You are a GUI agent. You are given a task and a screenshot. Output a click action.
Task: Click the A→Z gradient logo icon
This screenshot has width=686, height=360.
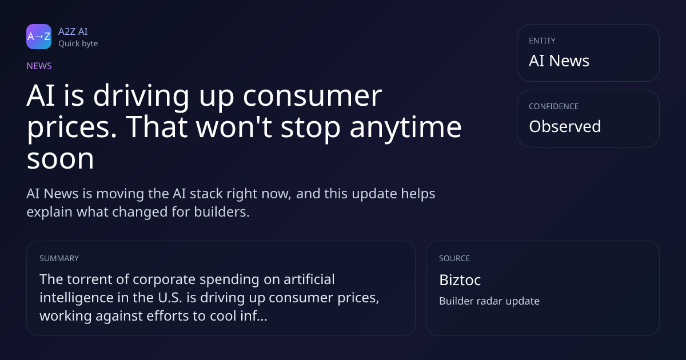pyautogui.click(x=39, y=37)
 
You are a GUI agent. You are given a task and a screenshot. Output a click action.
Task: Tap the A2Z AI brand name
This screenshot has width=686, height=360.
pyautogui.click(x=73, y=31)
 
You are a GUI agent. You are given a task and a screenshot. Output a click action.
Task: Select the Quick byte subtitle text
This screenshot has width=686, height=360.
pyautogui.click(x=78, y=44)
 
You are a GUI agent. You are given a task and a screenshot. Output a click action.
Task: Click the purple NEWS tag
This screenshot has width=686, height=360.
pyautogui.click(x=39, y=66)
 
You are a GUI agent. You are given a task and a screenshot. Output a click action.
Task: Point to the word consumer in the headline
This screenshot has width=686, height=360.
pyautogui.click(x=312, y=96)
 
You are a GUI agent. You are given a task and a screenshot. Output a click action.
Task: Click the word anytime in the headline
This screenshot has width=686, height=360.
pyautogui.click(x=405, y=128)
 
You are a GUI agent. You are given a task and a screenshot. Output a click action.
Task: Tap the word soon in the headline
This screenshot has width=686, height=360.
pyautogui.click(x=61, y=159)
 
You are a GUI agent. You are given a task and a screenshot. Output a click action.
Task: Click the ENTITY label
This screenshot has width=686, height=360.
pyautogui.click(x=542, y=41)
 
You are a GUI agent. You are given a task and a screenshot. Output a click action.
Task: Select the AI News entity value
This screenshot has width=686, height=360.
pyautogui.click(x=559, y=61)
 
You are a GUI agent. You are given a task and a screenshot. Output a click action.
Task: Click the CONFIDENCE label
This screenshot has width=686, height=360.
pyautogui.click(x=554, y=106)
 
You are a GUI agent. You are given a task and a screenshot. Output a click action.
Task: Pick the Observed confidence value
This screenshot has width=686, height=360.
pyautogui.click(x=565, y=126)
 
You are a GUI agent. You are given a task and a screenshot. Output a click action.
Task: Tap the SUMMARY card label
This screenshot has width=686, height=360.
pyautogui.click(x=59, y=258)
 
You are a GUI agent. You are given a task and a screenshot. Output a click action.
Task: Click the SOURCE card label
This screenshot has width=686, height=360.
pyautogui.click(x=454, y=258)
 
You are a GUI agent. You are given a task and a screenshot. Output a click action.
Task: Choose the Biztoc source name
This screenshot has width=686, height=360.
pyautogui.click(x=460, y=280)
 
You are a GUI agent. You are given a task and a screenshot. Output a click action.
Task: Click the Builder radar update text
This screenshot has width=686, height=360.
pyautogui.click(x=489, y=301)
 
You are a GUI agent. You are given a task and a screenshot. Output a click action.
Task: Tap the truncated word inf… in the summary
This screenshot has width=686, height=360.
pyautogui.click(x=254, y=316)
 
